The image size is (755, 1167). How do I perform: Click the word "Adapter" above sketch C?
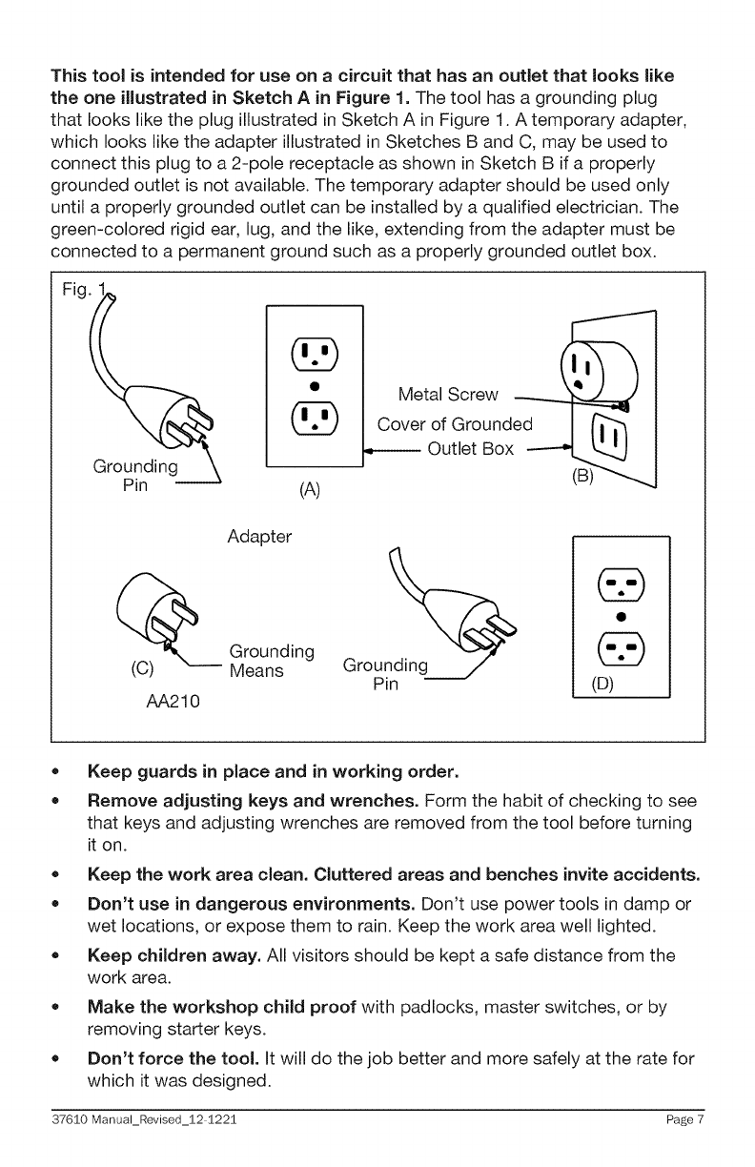click(x=259, y=538)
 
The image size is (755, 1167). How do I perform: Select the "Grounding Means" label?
click(x=272, y=661)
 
